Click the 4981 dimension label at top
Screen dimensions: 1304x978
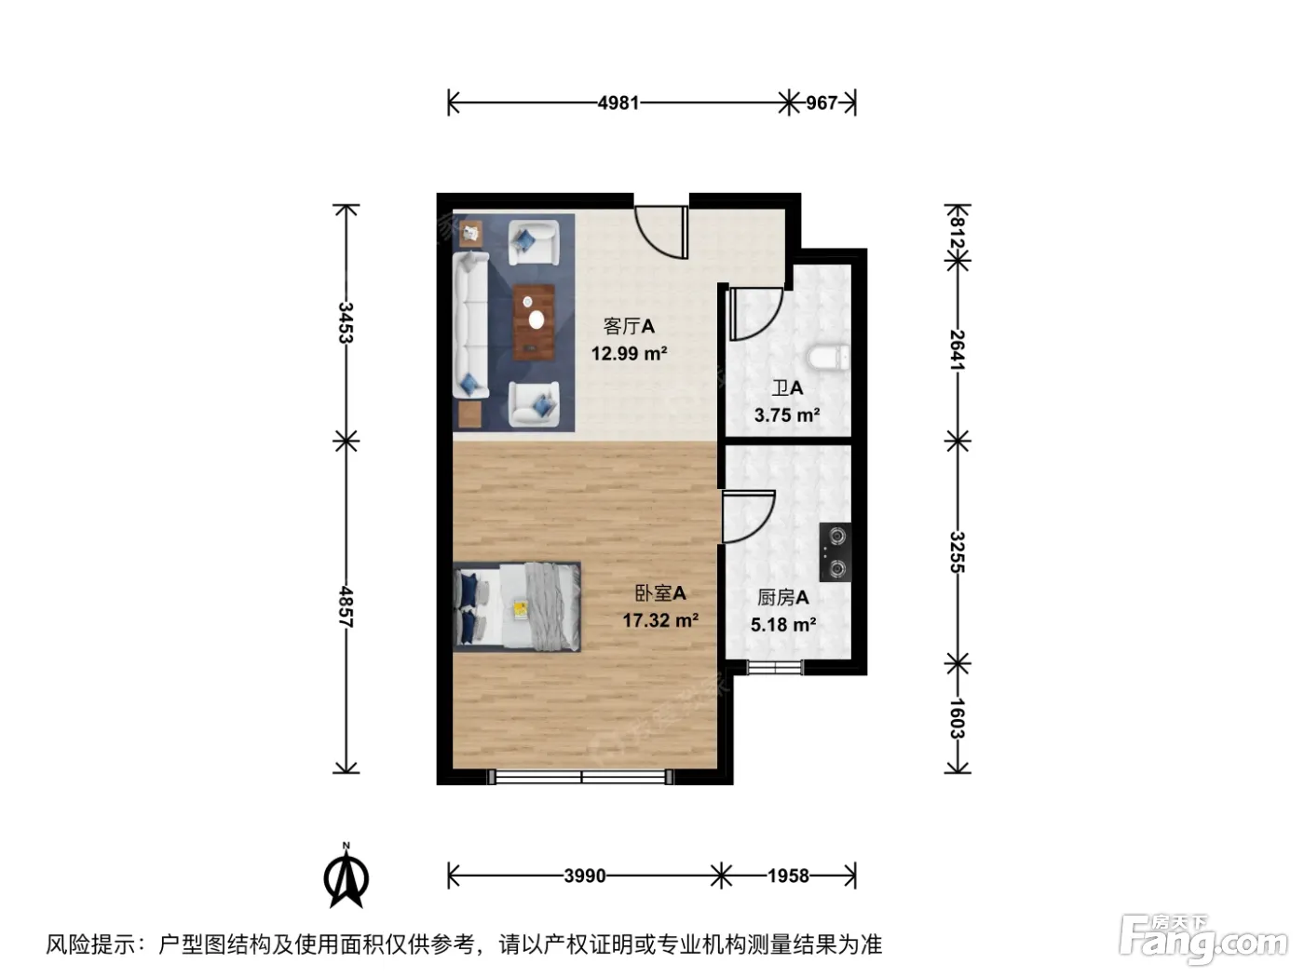click(618, 102)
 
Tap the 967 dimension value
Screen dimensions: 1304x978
click(821, 102)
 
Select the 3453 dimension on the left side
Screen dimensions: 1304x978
click(346, 322)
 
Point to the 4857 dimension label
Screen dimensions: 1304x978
click(346, 607)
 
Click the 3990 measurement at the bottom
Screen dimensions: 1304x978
click(585, 876)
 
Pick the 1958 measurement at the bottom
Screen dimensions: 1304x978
click(788, 876)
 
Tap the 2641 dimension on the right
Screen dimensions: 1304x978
click(958, 350)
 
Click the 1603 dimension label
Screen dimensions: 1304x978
click(958, 718)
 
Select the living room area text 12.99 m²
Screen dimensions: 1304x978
click(629, 353)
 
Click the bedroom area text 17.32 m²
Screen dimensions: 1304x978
click(660, 620)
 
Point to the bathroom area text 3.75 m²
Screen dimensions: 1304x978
click(787, 414)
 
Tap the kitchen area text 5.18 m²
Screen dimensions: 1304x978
click(783, 624)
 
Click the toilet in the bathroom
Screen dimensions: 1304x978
click(828, 358)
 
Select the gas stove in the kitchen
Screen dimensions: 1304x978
click(835, 552)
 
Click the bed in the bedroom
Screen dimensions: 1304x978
click(517, 606)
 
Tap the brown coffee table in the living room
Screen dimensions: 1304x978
click(534, 322)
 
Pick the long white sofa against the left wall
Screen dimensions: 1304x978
click(470, 324)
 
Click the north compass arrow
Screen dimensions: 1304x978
click(346, 877)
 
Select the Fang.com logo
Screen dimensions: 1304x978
click(1202, 941)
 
